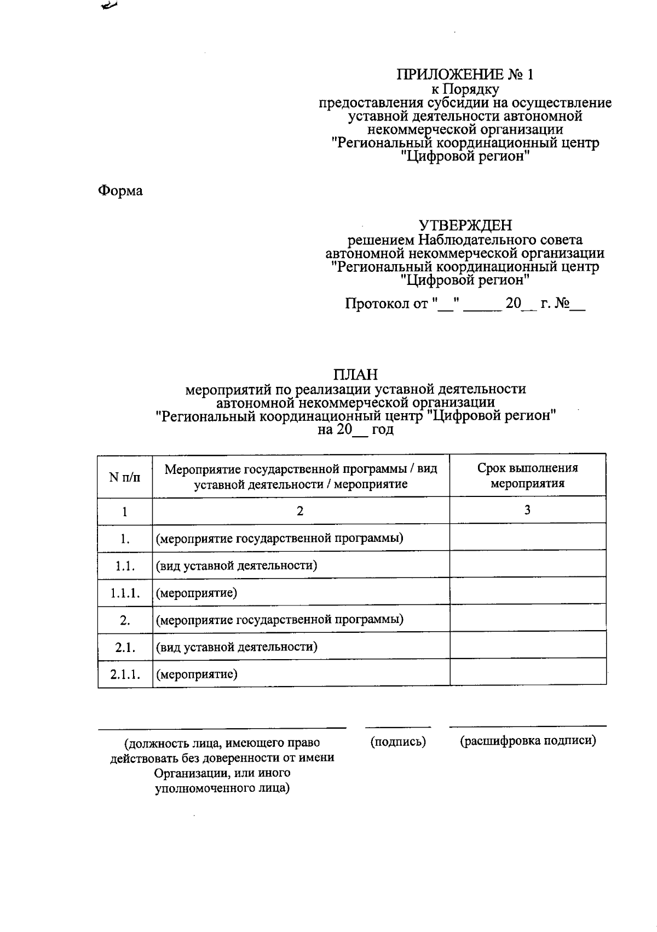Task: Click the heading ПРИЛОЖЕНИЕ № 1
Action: click(x=465, y=75)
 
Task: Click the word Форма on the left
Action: click(x=120, y=191)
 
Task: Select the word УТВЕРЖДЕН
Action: click(x=465, y=225)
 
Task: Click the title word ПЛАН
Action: click(x=355, y=375)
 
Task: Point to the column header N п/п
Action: click(x=125, y=477)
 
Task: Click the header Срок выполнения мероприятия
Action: click(x=527, y=476)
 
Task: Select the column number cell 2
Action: click(x=300, y=511)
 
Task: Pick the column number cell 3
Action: click(x=527, y=510)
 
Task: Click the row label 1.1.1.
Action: click(x=125, y=593)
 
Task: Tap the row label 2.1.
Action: click(x=125, y=647)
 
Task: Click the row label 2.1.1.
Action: click(x=125, y=674)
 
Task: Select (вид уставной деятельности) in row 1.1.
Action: click(x=237, y=565)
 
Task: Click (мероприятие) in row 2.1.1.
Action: click(x=197, y=674)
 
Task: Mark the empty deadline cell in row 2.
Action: click(x=527, y=619)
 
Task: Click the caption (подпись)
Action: click(x=398, y=742)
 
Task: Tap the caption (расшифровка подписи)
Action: click(x=527, y=741)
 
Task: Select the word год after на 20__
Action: click(x=383, y=430)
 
